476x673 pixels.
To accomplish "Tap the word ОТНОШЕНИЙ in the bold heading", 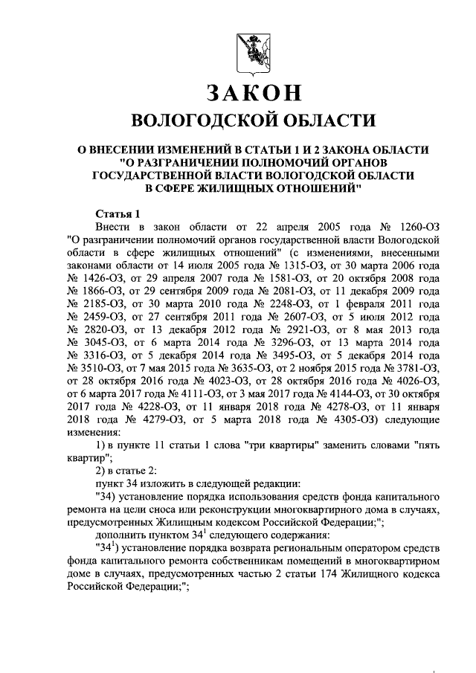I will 307,187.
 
